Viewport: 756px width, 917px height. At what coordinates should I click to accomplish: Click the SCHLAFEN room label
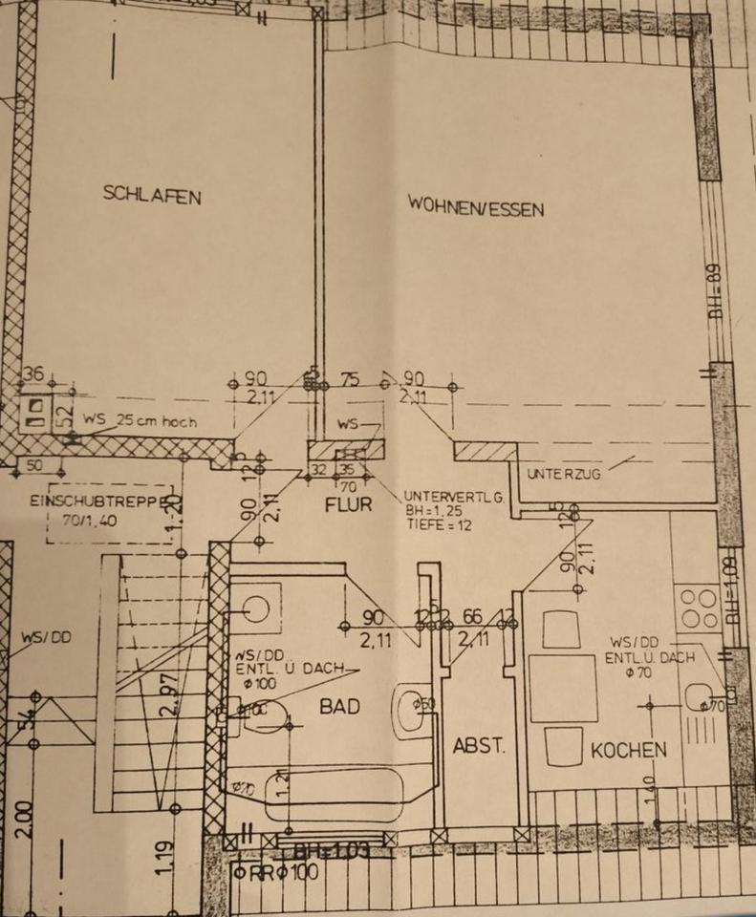[x=152, y=196]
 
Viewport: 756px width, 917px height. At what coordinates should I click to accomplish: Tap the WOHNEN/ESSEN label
[x=475, y=205]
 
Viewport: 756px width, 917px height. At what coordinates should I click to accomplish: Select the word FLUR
[x=348, y=505]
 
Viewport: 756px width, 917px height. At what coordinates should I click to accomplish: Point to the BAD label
[x=339, y=707]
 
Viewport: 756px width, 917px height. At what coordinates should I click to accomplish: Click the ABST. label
[x=478, y=746]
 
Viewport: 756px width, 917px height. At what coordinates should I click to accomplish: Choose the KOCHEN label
[x=628, y=751]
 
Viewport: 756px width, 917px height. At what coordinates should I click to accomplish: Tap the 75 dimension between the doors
[x=351, y=380]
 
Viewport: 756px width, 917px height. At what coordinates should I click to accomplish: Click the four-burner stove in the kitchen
[x=698, y=608]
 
